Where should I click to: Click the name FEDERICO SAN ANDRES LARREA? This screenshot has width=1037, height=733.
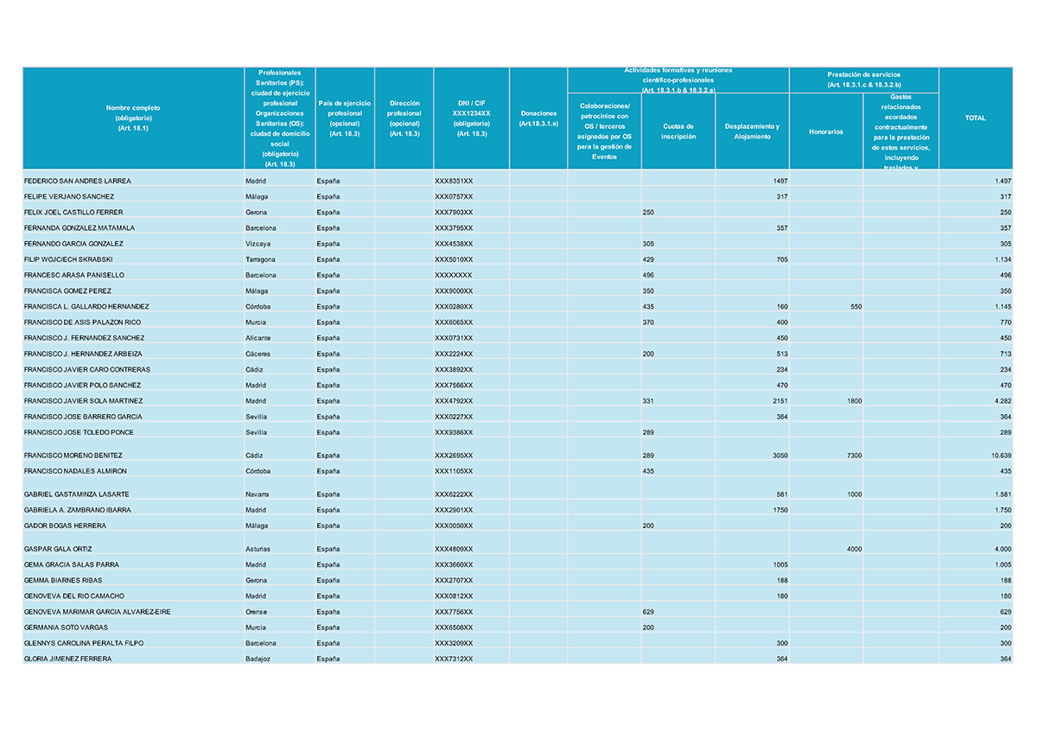point(78,182)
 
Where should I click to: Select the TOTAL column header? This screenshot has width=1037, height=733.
point(975,118)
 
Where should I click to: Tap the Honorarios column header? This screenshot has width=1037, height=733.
point(825,132)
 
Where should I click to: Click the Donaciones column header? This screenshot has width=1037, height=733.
point(538,118)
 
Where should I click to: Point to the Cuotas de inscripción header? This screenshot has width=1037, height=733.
point(678,131)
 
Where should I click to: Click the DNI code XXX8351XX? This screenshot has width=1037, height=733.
point(454,182)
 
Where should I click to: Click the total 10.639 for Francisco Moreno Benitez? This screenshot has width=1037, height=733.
point(1002,456)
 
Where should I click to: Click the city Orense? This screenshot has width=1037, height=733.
point(258,612)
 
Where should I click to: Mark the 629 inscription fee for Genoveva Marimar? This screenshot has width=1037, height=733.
point(649,612)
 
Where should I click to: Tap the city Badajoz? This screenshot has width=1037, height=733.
point(259,659)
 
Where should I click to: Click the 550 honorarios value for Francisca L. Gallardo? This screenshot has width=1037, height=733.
point(856,307)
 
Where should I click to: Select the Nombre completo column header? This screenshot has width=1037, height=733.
point(133,118)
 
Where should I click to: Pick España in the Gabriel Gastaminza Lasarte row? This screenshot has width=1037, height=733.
point(328,494)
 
